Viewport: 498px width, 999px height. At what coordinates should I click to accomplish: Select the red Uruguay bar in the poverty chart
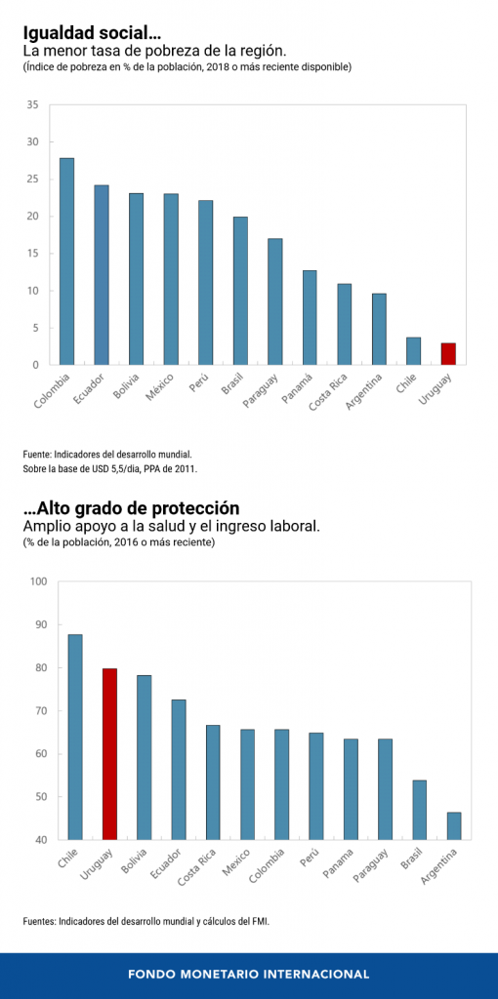[x=447, y=354]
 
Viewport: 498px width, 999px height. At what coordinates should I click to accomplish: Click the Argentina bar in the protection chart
[x=454, y=825]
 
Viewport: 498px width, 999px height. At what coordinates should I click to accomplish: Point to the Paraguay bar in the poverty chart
[x=274, y=301]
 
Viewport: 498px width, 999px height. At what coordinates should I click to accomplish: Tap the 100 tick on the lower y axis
[x=38, y=582]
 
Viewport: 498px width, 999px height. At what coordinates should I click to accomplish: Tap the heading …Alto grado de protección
[x=131, y=508]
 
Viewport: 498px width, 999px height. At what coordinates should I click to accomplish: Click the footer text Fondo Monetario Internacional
[x=249, y=974]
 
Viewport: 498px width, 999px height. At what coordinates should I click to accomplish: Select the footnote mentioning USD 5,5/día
[x=109, y=469]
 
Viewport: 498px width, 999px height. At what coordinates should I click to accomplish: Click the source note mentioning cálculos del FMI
[x=145, y=920]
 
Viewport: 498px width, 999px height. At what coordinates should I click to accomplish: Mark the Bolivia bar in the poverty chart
[x=136, y=279]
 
